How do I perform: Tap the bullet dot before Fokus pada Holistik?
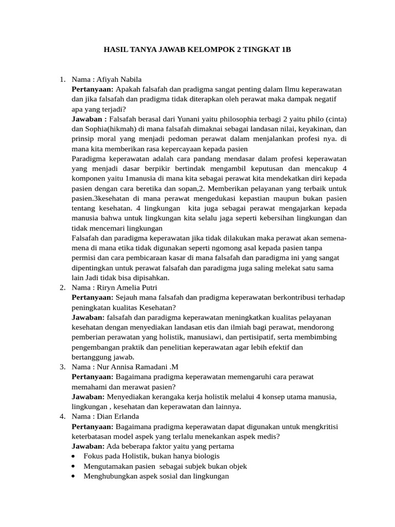coord(75,456)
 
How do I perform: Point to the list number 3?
coord(62,366)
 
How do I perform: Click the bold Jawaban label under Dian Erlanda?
coord(88,446)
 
